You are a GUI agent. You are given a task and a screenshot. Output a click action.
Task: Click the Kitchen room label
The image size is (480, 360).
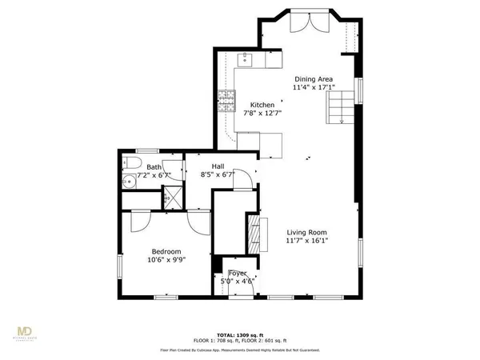pos(262,105)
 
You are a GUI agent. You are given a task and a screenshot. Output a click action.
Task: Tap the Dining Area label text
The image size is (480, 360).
pos(314,78)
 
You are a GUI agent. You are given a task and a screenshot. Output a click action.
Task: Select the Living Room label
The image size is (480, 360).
pos(306,232)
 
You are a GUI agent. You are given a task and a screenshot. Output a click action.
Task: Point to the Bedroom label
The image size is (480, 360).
pos(166,250)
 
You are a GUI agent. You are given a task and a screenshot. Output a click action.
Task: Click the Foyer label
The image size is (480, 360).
pos(238,274)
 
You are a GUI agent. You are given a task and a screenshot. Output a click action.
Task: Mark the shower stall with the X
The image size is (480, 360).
pos(171,197)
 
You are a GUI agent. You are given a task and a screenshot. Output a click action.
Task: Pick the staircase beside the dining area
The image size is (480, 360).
pos(342,106)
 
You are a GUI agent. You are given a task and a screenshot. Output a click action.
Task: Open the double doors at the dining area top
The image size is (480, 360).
pos(307,26)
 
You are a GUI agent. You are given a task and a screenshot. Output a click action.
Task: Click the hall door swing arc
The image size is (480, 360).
pos(243,180)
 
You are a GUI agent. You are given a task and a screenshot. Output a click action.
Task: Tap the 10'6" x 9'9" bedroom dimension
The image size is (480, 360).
pos(166,260)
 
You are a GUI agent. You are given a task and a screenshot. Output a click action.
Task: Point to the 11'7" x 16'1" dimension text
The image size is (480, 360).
pos(306,241)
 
